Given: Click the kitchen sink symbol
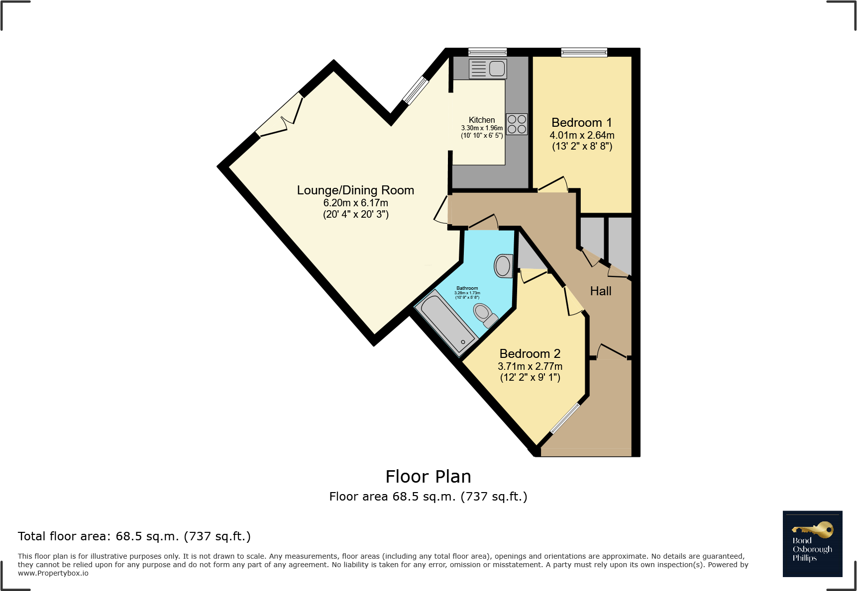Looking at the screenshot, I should [488, 69].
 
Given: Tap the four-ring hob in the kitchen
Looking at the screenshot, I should [517, 124].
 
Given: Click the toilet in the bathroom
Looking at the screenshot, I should [484, 314].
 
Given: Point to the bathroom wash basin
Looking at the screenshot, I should [503, 266].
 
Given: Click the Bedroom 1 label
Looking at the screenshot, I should [581, 123].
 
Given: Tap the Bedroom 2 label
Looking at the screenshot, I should [530, 354].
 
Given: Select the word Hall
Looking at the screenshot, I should [600, 291].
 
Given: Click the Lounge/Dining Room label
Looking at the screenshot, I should [355, 190].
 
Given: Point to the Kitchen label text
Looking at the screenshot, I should [481, 120].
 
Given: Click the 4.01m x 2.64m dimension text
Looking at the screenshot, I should [581, 135].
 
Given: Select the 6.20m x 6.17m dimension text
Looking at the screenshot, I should [355, 203].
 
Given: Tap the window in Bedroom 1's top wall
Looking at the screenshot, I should [584, 52].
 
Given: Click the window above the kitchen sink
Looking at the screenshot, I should [487, 52].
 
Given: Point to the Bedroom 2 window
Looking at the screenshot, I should [565, 418].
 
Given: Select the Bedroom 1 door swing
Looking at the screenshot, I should [553, 185].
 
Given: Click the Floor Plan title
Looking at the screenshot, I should [428, 477].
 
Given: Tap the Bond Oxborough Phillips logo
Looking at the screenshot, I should [812, 543].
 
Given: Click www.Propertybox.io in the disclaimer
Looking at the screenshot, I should [53, 573].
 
